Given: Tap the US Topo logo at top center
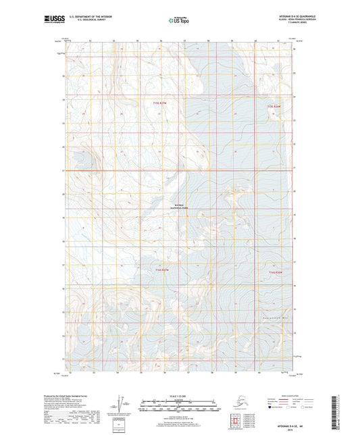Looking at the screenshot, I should (179, 22).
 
